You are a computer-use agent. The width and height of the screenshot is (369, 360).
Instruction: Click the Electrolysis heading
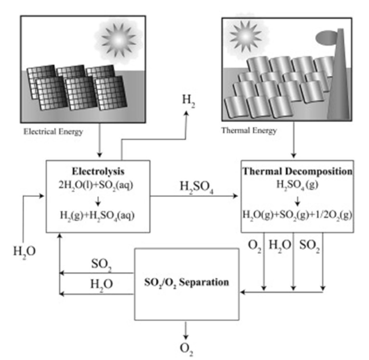pyautogui.click(x=98, y=171)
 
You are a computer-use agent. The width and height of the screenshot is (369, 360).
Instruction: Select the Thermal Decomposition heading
pyautogui.click(x=297, y=171)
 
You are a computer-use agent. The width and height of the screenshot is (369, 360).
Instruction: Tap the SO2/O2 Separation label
pyautogui.click(x=186, y=282)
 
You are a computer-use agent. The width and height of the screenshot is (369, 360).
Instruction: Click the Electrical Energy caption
pyautogui.click(x=53, y=132)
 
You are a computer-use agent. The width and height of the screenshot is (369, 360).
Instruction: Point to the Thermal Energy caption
pyautogui.click(x=249, y=131)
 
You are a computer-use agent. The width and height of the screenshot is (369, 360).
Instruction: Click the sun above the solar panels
pyautogui.click(x=119, y=40)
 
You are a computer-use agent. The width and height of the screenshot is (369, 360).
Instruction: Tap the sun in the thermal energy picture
pyautogui.click(x=245, y=36)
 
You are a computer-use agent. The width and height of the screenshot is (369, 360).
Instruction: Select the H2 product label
pyautogui.click(x=188, y=101)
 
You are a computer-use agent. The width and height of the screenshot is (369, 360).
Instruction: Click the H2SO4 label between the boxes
pyautogui.click(x=196, y=187)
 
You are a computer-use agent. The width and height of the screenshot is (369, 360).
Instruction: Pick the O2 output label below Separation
pyautogui.click(x=186, y=349)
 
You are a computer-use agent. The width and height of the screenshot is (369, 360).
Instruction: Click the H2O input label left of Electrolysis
pyautogui.click(x=24, y=252)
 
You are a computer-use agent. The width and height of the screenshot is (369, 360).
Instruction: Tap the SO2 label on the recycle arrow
pyautogui.click(x=102, y=265)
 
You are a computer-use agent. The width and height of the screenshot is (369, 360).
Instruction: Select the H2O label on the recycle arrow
pyautogui.click(x=102, y=284)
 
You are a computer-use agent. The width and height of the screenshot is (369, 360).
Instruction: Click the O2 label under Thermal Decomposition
pyautogui.click(x=255, y=245)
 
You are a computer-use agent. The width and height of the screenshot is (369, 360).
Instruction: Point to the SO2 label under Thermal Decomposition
pyautogui.click(x=309, y=245)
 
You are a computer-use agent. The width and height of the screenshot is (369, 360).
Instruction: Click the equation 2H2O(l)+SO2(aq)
pyautogui.click(x=96, y=186)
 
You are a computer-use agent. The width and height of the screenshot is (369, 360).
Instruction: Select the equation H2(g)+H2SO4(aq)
pyautogui.click(x=97, y=215)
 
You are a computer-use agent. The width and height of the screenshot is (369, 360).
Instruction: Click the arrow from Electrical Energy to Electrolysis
pyautogui.click(x=99, y=140)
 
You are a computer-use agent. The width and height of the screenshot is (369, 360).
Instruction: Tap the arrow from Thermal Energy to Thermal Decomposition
pyautogui.click(x=293, y=140)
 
